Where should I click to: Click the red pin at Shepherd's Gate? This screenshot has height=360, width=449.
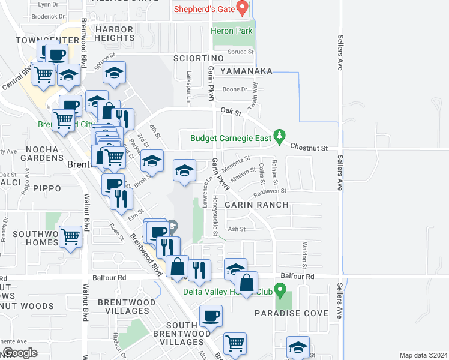pos(243,8)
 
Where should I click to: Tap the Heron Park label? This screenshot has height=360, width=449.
pos(231,31)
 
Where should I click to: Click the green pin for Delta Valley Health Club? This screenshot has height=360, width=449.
pos(278,290)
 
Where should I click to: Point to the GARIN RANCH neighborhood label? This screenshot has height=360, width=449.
pos(257,205)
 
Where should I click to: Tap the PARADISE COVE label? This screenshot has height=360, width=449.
pos(291,313)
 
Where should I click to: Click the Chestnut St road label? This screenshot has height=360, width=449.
pos(309,147)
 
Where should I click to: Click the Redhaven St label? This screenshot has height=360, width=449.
pos(270,191)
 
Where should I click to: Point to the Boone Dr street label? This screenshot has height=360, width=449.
pos(235,89)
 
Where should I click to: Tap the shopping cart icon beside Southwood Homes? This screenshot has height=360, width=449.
pos(71,236)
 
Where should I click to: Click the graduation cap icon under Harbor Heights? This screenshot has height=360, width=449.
pos(114,73)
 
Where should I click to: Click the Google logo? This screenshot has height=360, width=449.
pos(20,353)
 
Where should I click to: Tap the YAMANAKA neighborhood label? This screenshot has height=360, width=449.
pos(246,71)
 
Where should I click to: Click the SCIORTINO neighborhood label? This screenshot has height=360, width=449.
pos(198,58)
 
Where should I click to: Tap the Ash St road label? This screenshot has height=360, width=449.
pos(237,229)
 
